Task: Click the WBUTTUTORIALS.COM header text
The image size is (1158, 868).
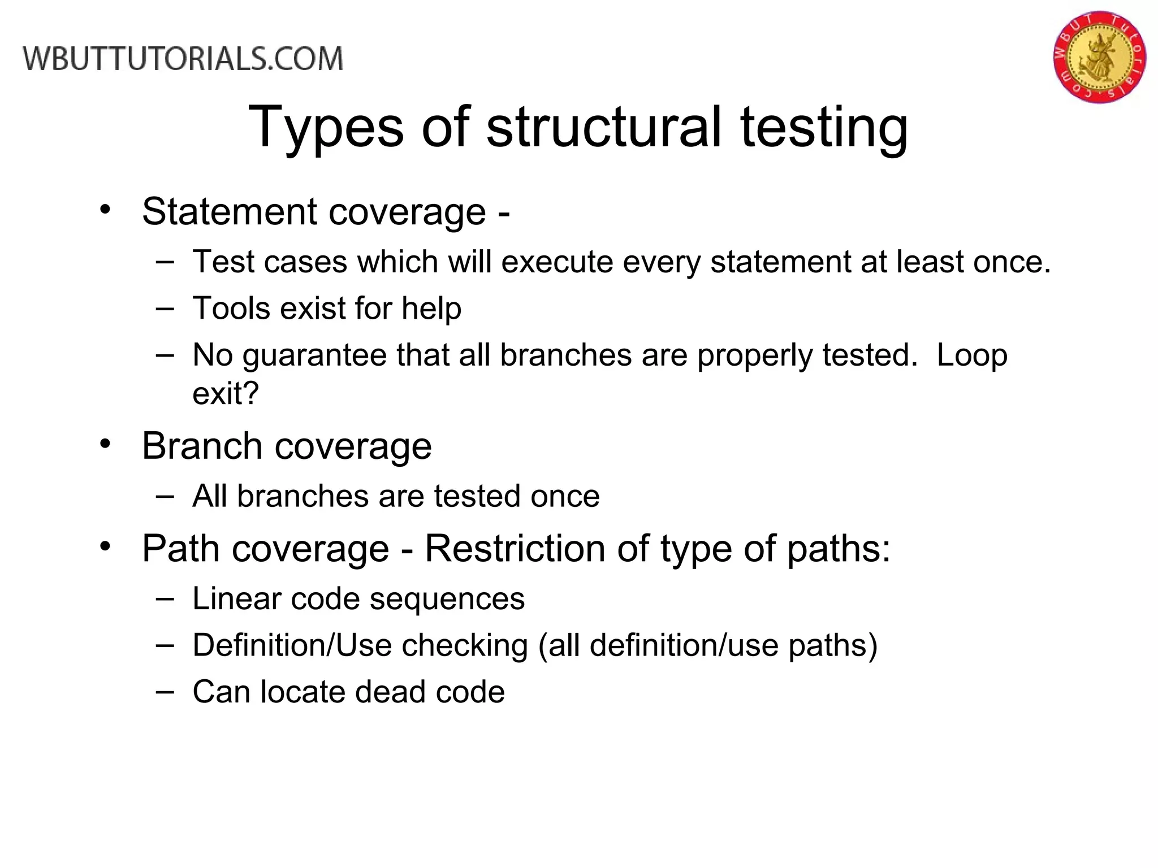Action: tap(183, 59)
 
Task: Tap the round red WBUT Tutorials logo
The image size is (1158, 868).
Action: tap(1099, 57)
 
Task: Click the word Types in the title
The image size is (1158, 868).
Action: tap(326, 127)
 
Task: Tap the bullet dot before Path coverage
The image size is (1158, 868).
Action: tap(105, 547)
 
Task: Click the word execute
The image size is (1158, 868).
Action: tap(557, 262)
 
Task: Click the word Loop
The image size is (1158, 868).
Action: tap(971, 355)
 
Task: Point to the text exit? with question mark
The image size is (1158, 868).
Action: tap(225, 393)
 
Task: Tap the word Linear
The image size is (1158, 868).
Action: tap(236, 598)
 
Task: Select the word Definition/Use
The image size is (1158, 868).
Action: tap(292, 645)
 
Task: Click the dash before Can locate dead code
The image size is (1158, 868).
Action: tap(165, 691)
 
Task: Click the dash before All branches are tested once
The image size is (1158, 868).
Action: tap(165, 496)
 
